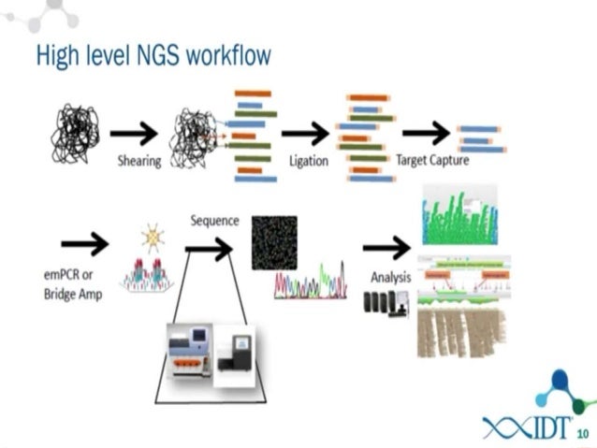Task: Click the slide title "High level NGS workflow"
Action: tap(153, 55)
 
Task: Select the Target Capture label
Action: tap(432, 160)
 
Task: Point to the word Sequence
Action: tap(214, 221)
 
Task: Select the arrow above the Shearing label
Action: tap(133, 134)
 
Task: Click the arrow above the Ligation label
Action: tap(304, 134)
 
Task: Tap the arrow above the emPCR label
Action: tap(84, 245)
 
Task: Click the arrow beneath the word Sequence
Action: tap(209, 248)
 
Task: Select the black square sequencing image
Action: tap(274, 242)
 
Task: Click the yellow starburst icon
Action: tap(153, 239)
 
